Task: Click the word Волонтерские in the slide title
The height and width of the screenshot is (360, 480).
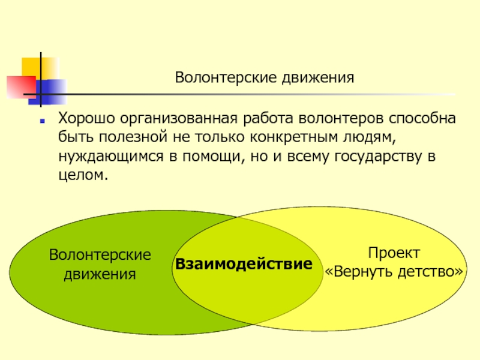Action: click(x=226, y=78)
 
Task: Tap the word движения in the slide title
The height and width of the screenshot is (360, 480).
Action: click(x=318, y=79)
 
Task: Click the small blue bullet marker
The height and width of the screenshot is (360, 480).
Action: click(x=42, y=121)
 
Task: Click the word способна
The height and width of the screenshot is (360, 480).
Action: click(x=422, y=118)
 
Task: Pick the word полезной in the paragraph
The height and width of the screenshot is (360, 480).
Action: click(x=133, y=137)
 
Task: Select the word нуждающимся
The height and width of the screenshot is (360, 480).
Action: click(x=111, y=157)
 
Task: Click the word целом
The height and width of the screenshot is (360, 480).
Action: click(x=83, y=175)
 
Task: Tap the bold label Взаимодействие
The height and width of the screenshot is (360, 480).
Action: click(x=244, y=264)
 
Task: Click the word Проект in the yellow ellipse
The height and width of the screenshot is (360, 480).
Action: click(x=394, y=253)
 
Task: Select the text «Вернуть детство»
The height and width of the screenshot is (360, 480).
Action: click(x=394, y=272)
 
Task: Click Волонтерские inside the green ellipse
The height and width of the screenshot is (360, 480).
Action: click(x=100, y=254)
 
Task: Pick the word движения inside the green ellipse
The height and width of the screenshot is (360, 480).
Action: click(x=100, y=274)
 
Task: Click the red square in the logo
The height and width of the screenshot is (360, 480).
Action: click(x=22, y=87)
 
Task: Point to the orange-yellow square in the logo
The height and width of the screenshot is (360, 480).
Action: click(x=40, y=69)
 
